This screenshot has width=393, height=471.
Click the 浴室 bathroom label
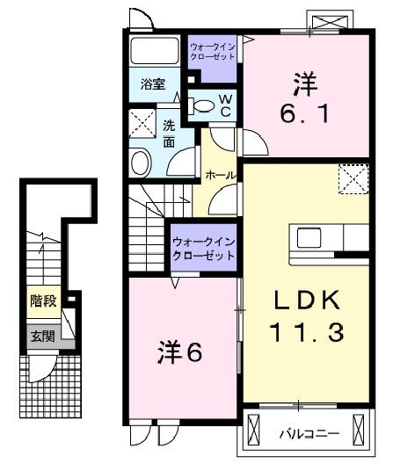[x=153, y=85]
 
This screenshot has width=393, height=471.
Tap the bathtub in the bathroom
[x=155, y=51]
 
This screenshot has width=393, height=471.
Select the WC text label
[x=225, y=106]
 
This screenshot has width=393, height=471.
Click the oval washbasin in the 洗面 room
[x=141, y=163]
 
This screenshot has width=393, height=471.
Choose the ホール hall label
[x=220, y=176]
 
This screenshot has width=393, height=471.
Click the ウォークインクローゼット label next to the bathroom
[x=212, y=50]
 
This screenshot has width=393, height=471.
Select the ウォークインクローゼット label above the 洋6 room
[x=203, y=248]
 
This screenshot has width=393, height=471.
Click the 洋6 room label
[x=181, y=352]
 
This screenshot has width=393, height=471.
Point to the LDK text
[x=306, y=301]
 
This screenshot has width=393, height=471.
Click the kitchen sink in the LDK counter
[x=309, y=238]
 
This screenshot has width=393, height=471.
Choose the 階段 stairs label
[x=43, y=301]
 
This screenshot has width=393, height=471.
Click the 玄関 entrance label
[x=42, y=336]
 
